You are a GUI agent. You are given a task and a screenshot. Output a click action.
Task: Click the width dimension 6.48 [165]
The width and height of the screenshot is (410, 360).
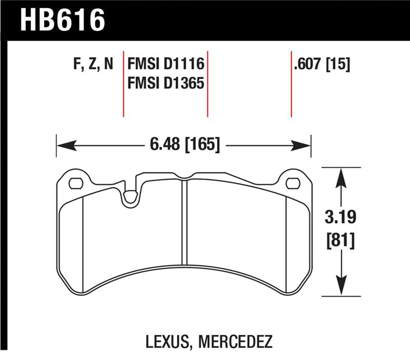(185, 146)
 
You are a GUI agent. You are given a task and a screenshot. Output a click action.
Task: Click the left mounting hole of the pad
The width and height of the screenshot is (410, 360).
(75, 183)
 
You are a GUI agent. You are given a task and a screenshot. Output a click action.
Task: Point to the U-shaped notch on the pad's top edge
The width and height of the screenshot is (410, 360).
(131, 195)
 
